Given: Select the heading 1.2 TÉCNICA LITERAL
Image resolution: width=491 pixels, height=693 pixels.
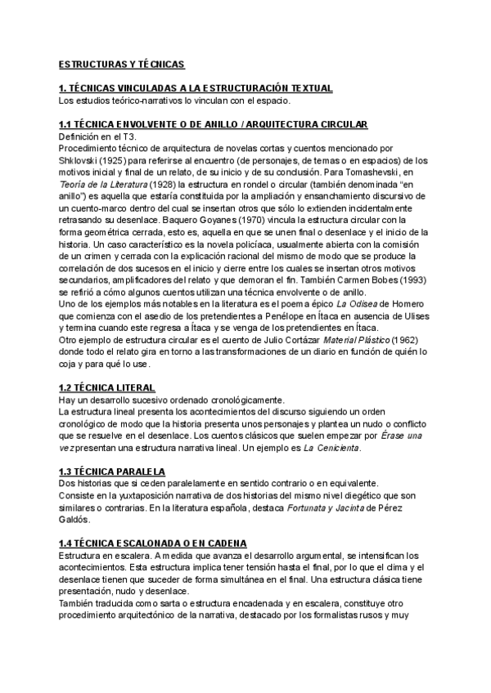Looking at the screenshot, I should pos(106,387).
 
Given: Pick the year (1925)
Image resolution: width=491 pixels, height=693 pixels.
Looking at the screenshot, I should pos(119,160).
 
